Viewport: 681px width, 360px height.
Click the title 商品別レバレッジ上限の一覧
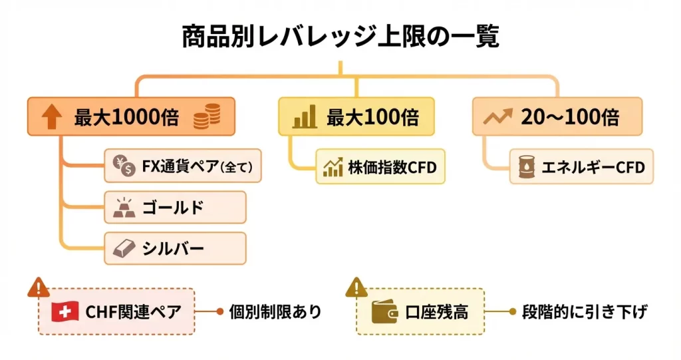(340, 37)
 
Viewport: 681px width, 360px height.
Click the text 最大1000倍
(126, 118)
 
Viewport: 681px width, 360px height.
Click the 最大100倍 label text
(372, 118)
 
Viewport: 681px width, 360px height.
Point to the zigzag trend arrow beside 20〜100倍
(497, 118)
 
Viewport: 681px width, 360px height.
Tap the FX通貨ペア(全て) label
(196, 167)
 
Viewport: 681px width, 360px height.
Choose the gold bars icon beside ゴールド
(123, 208)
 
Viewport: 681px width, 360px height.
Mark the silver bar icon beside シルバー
(123, 248)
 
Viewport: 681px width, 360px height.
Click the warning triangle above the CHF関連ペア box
(39, 287)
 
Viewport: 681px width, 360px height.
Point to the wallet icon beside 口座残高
(384, 311)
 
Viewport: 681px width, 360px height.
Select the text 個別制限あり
(275, 311)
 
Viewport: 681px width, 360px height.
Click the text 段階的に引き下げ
(585, 311)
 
